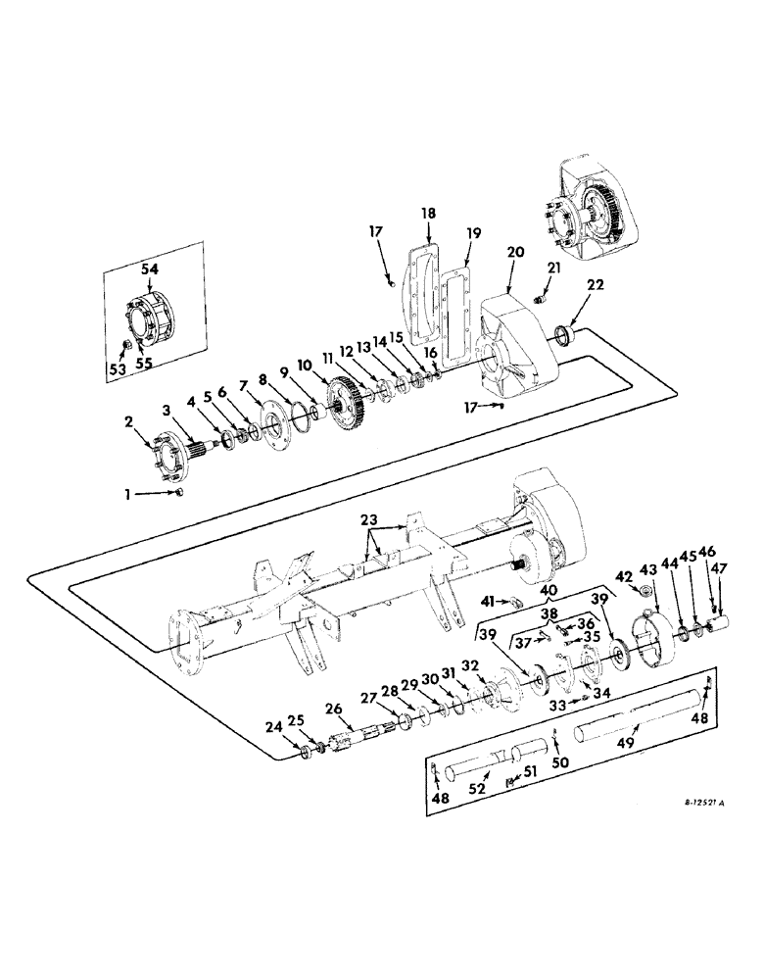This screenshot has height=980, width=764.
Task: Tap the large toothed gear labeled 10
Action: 348,401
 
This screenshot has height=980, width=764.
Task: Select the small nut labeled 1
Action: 180,493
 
